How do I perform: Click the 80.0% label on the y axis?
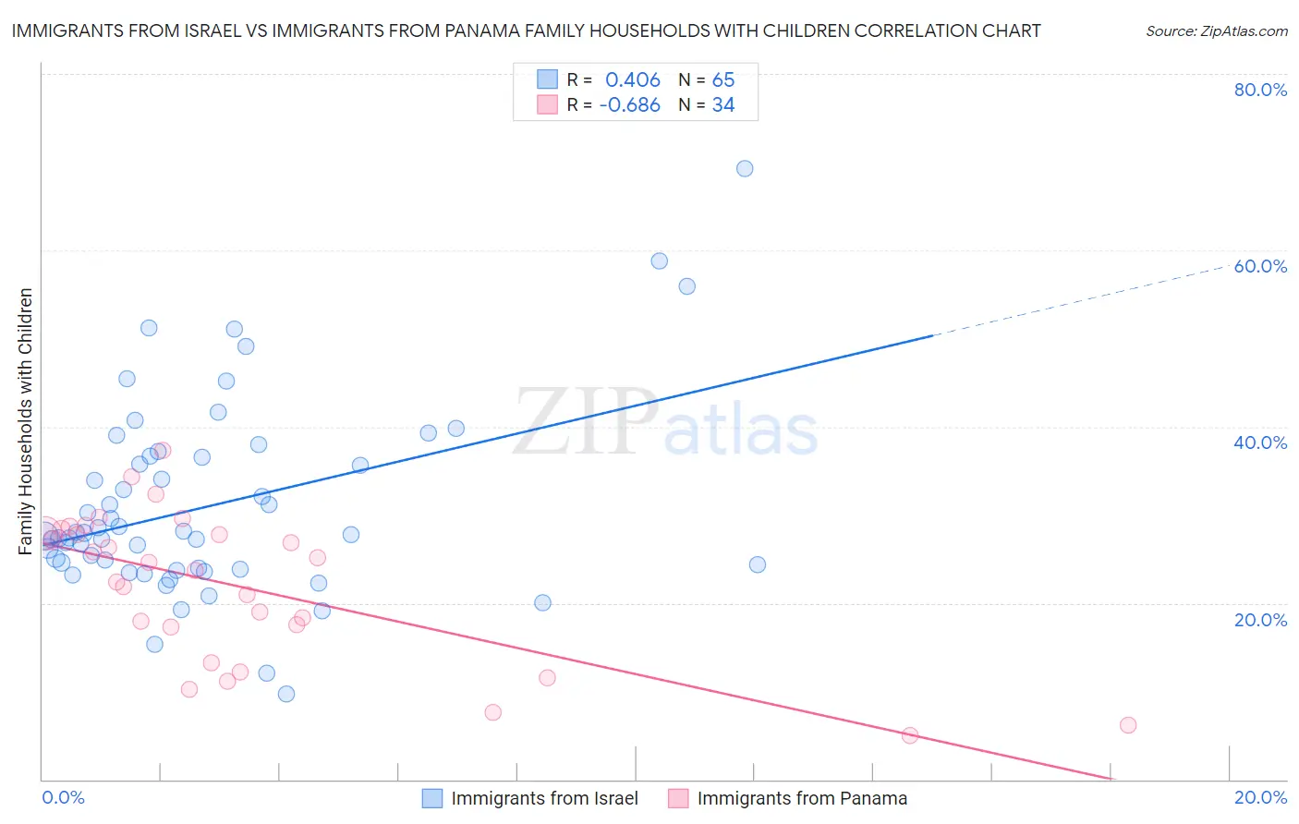[1260, 90]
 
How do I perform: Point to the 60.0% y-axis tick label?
[1260, 266]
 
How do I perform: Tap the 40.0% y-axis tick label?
[1260, 442]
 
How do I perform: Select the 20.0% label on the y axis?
[1260, 620]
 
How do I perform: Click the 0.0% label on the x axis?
[63, 797]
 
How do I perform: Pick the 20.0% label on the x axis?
[1260, 797]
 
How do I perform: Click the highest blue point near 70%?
[745, 168]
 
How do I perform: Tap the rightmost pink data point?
[1128, 725]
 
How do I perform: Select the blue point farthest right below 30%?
[758, 564]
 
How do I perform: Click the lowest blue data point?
[286, 694]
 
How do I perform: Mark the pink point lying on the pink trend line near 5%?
[910, 735]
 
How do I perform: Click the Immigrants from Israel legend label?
[544, 798]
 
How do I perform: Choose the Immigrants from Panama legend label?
[802, 798]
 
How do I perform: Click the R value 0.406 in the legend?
[633, 80]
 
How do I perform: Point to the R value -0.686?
[629, 105]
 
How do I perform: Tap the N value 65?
[723, 80]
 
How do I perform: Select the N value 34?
[723, 105]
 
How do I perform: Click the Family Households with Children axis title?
[26, 421]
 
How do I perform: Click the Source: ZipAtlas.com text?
[1216, 31]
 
